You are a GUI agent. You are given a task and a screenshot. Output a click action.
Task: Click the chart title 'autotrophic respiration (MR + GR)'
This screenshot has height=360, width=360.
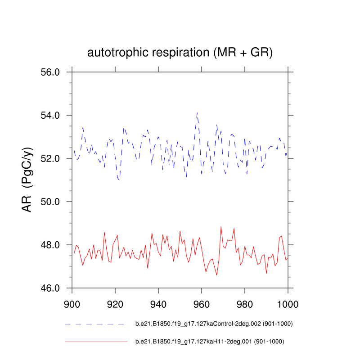click(x=180, y=53)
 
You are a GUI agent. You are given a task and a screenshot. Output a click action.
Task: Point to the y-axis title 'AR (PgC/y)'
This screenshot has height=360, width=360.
click(x=27, y=180)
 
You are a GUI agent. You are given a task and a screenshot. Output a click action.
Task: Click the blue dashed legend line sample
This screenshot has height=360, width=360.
click(x=94, y=324)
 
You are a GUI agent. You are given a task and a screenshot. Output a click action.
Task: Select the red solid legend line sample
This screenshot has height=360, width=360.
click(x=96, y=342)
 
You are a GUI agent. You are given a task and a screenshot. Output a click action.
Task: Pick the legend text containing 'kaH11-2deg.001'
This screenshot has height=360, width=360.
click(x=209, y=342)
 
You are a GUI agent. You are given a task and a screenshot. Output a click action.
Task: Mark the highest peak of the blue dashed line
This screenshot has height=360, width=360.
click(x=197, y=112)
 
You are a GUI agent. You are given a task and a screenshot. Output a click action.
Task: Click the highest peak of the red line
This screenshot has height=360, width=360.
click(x=221, y=226)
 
